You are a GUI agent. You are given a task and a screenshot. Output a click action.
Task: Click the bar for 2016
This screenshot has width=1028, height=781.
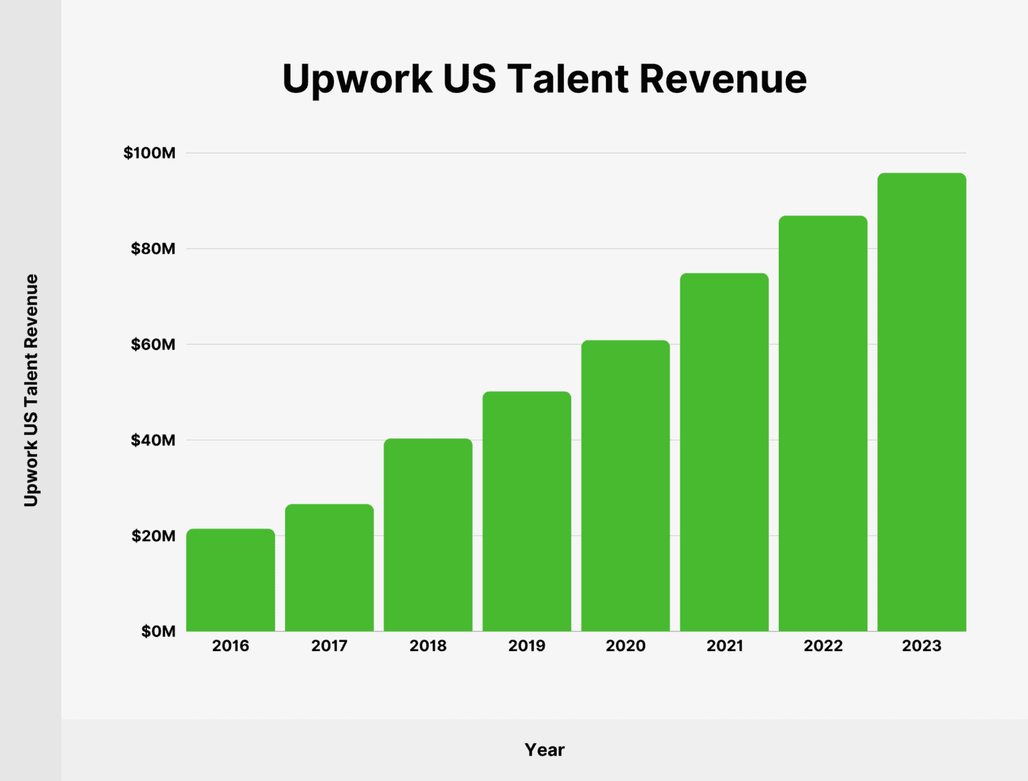pyautogui.click(x=231, y=580)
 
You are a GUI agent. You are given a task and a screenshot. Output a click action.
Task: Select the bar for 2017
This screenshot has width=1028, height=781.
pyautogui.click(x=329, y=568)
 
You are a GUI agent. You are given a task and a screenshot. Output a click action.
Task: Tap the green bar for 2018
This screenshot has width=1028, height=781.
pyautogui.click(x=428, y=535)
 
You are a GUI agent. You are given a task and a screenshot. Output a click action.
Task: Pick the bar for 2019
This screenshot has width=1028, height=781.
pyautogui.click(x=527, y=511)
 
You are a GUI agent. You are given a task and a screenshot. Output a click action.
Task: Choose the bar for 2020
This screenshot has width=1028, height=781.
pyautogui.click(x=625, y=485)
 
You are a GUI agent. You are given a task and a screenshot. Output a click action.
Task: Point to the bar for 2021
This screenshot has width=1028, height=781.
pyautogui.click(x=724, y=452)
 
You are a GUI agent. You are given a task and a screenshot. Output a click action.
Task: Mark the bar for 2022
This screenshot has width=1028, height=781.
pyautogui.click(x=823, y=423)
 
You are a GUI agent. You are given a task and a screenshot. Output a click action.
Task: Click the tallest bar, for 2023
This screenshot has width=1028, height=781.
pyautogui.click(x=922, y=402)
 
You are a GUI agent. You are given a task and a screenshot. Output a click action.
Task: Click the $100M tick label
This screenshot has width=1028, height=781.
pyautogui.click(x=149, y=153)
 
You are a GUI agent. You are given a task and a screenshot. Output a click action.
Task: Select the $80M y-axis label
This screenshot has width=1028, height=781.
pyautogui.click(x=153, y=248)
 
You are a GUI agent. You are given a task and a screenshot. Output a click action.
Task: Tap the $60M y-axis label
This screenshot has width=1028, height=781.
pyautogui.click(x=153, y=345)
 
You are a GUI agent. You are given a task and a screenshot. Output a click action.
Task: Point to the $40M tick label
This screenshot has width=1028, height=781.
pyautogui.click(x=153, y=440)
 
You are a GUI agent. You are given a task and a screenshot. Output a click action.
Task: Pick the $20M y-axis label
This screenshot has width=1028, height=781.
pyautogui.click(x=153, y=536)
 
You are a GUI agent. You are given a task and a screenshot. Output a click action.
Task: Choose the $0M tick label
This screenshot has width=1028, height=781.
pyautogui.click(x=158, y=632)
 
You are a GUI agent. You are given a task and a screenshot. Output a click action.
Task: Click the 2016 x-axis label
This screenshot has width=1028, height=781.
pyautogui.click(x=231, y=646)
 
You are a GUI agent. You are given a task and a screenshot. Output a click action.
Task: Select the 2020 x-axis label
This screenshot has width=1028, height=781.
pyautogui.click(x=625, y=646)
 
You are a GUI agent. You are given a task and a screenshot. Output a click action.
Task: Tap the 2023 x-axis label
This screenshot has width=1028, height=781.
pyautogui.click(x=922, y=646)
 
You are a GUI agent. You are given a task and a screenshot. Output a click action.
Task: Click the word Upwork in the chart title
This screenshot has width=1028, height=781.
pyautogui.click(x=357, y=79)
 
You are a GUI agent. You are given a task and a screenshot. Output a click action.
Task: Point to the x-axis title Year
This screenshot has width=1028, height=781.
pyautogui.click(x=545, y=750)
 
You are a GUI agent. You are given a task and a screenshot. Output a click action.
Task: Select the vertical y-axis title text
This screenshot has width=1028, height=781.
pyautogui.click(x=31, y=390)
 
